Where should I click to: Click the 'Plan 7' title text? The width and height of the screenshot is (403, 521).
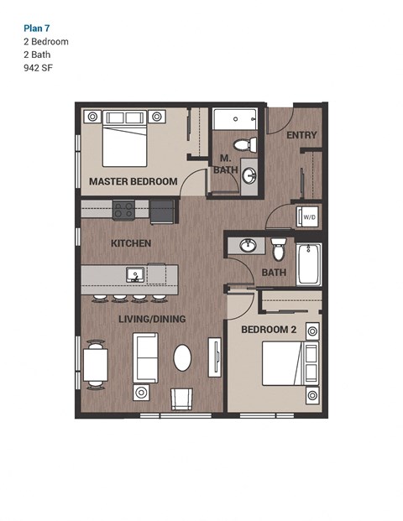coord(36,27)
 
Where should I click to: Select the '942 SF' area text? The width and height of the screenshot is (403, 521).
coord(39,68)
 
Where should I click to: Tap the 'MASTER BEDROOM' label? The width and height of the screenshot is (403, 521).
coord(133,181)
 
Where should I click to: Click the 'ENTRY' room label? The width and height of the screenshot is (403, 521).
coord(301,135)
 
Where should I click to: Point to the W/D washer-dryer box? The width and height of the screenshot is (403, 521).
coord(307,216)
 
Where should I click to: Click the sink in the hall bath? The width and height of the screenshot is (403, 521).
coord(249,245)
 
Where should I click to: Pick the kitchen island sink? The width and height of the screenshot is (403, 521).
coord(134,274)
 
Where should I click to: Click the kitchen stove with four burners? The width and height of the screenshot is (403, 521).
coord(124,209)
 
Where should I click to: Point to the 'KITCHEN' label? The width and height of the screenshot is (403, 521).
coord(131,243)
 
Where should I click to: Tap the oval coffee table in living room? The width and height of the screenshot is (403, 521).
coord(184,357)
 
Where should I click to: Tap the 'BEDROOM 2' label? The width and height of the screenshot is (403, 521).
coord(269,330)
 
